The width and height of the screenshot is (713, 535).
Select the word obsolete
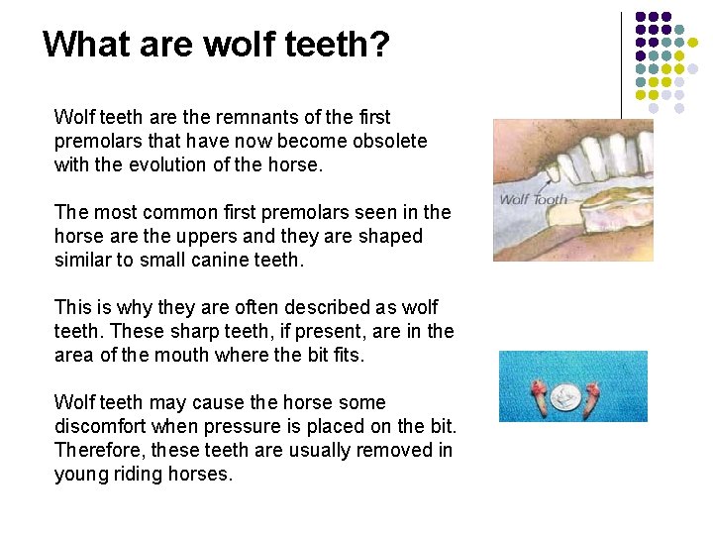[x=388, y=141]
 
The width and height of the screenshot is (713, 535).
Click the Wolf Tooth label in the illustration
[x=533, y=199]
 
